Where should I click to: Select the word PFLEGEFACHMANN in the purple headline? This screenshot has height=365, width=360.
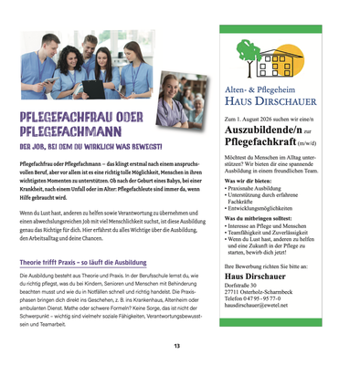[x=71, y=130]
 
